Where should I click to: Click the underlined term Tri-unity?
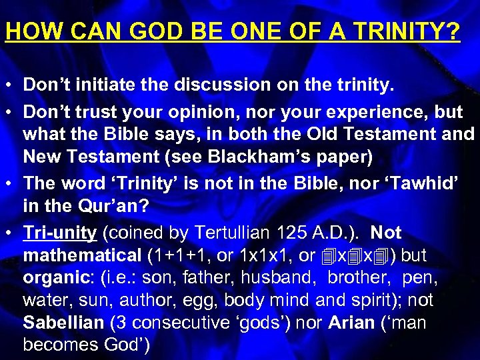point(60,233)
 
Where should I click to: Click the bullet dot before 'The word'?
point(11,184)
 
